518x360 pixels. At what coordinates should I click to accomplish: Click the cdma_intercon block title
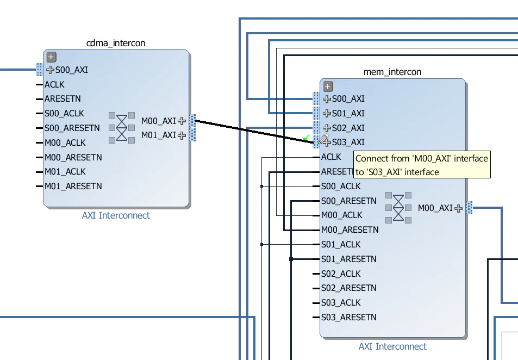[x=116, y=43]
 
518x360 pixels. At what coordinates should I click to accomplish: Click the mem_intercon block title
[x=392, y=72]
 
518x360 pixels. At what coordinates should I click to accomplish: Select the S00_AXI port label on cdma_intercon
[x=71, y=70]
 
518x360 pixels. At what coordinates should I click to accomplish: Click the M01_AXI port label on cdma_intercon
[x=158, y=135]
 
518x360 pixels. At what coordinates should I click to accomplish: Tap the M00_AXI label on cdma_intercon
[x=158, y=121]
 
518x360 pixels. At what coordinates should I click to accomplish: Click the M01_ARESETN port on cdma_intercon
[x=73, y=186]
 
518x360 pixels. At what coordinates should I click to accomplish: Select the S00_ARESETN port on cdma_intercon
[x=72, y=128]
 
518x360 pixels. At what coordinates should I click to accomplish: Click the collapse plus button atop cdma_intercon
[x=51, y=57]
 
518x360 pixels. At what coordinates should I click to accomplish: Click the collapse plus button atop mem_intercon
[x=327, y=86]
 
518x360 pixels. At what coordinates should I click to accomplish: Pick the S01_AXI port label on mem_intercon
[x=348, y=114]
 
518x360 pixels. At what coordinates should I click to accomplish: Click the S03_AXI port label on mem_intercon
[x=348, y=142]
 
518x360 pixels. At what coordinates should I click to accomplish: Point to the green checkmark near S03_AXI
[x=306, y=137]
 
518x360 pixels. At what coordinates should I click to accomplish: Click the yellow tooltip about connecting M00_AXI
[x=421, y=165]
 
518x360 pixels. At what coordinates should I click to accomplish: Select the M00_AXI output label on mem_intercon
[x=435, y=208]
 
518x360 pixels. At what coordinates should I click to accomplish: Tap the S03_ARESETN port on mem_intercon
[x=348, y=317]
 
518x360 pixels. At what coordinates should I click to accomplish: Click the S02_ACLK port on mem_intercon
[x=341, y=274]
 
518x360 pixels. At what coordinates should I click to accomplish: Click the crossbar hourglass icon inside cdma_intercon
[x=123, y=128]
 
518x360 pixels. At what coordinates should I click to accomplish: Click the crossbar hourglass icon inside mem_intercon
[x=398, y=207]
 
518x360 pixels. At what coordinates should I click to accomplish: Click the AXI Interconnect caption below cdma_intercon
[x=116, y=215]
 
